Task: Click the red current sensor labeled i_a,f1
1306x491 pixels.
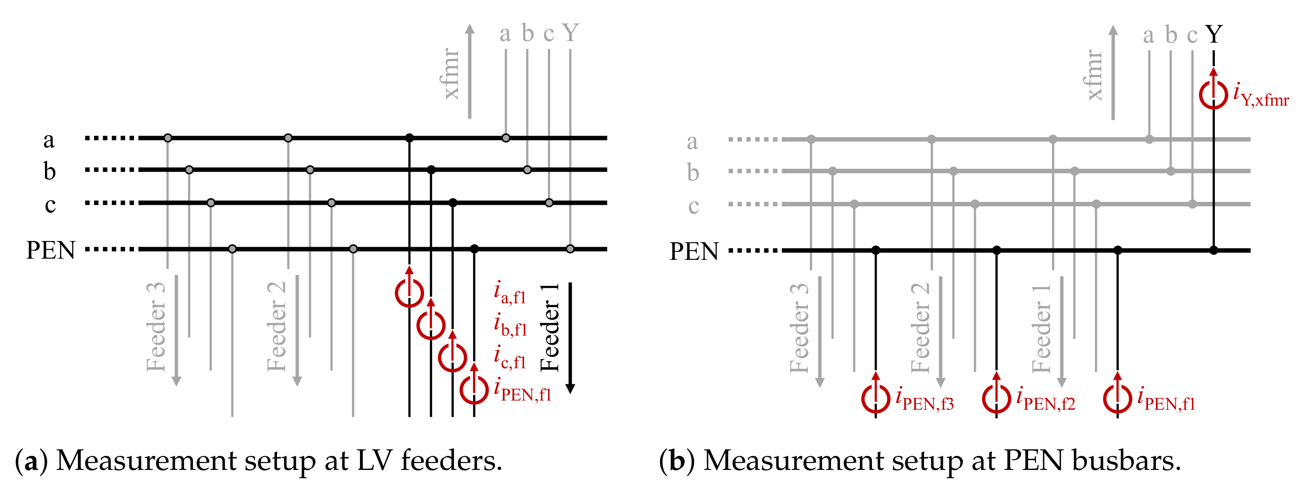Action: pos(409,293)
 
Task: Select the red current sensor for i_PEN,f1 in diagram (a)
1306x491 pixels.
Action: pos(474,389)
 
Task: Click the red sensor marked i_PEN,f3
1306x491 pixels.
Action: pos(876,398)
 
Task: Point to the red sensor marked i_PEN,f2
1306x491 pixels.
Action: pos(996,398)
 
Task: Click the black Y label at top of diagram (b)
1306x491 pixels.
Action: pos(1214,35)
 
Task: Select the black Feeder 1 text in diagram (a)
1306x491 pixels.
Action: pos(550,328)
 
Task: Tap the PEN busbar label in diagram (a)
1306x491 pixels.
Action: pos(51,250)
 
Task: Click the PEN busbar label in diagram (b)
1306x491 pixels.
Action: pos(694,251)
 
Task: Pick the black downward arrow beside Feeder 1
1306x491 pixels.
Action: pos(570,337)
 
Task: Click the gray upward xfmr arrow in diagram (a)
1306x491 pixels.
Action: pos(470,71)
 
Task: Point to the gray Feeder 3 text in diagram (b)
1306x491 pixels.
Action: pos(800,329)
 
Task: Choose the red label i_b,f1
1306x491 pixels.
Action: pos(510,325)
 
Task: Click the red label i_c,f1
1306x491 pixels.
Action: pos(510,357)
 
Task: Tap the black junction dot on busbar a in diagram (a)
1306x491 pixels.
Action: pos(410,138)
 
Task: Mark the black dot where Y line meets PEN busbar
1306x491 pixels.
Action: pos(1214,250)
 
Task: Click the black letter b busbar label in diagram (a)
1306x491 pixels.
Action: pos(49,171)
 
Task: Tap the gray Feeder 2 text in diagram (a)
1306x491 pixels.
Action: pos(277,327)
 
